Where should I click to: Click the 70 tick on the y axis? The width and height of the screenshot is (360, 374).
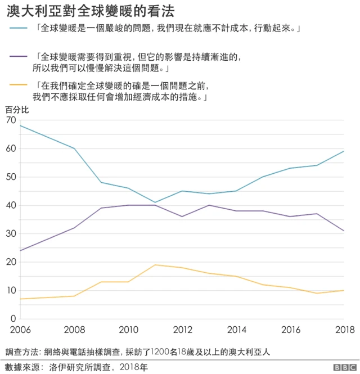click(x=11, y=120)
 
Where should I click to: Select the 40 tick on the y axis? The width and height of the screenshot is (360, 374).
click(x=11, y=205)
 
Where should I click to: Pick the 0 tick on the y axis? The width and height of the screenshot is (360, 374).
click(x=13, y=319)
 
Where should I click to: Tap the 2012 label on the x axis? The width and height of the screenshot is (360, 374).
click(x=182, y=330)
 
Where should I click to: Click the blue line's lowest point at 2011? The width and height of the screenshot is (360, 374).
click(x=155, y=202)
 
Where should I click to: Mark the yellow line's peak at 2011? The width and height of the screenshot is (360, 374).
click(x=155, y=265)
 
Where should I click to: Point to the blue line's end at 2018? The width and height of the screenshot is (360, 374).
click(x=344, y=151)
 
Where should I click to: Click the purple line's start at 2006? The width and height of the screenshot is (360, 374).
click(x=20, y=250)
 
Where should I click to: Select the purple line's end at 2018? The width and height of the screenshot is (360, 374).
click(x=344, y=231)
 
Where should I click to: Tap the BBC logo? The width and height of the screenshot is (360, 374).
click(x=341, y=367)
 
